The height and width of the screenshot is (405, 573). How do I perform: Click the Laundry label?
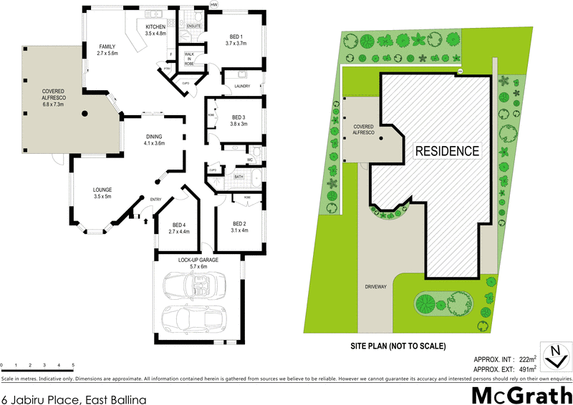coord(241,87)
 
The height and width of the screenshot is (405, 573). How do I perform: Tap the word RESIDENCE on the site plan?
coord(446,151)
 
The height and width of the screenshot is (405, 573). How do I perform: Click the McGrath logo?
coord(521,394)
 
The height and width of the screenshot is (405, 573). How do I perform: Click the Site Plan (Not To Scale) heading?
coord(398,346)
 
